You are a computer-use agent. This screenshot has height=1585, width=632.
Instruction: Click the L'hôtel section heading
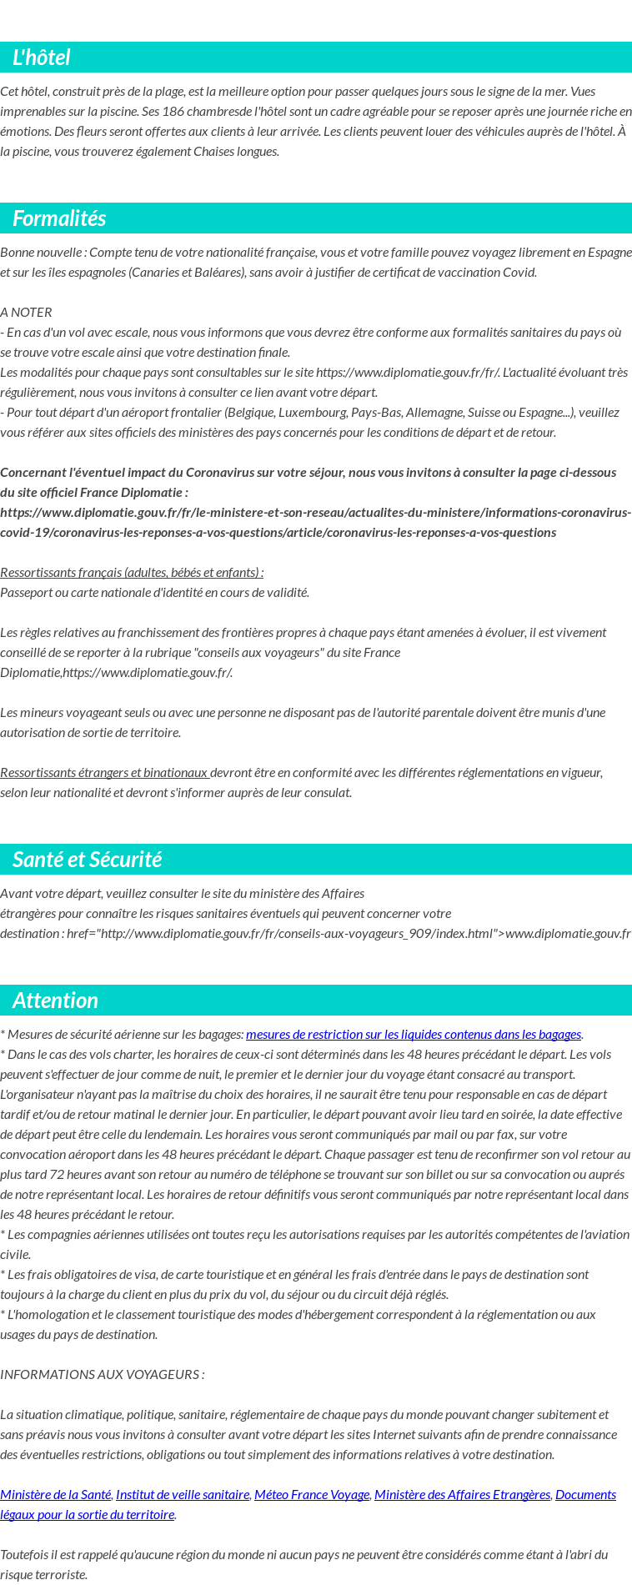point(41,58)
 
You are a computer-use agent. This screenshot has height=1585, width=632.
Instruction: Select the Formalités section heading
point(59,218)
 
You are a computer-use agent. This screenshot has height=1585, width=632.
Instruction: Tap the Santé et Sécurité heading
point(87,860)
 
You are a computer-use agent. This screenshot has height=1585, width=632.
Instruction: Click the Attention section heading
point(55,1001)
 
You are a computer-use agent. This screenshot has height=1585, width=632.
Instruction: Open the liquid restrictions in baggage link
point(413,1035)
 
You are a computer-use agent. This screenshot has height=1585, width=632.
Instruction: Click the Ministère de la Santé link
point(55,1495)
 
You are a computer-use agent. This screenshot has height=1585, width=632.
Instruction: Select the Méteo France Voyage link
point(311,1495)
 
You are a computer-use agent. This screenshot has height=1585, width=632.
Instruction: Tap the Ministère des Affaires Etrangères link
point(462,1495)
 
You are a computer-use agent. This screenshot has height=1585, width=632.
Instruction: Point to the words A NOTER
point(26,313)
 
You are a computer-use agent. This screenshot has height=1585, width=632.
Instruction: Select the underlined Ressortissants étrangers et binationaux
point(104,773)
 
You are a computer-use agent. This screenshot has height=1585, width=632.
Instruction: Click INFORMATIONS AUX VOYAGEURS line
point(102,1374)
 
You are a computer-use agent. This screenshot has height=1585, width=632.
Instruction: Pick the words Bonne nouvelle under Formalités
point(42,253)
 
